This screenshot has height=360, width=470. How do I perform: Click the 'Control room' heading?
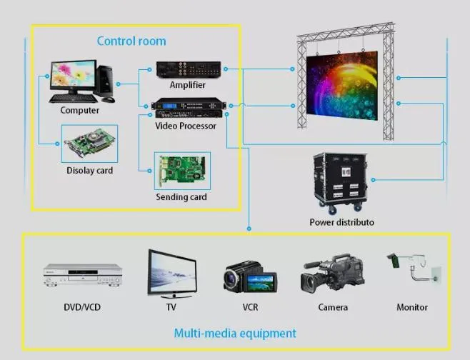[x=131, y=41]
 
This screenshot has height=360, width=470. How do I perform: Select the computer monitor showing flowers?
[x=72, y=78]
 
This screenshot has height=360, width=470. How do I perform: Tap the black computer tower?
[x=106, y=81]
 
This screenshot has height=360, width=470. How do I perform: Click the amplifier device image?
[x=189, y=69]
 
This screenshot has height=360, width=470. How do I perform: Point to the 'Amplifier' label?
[x=187, y=85]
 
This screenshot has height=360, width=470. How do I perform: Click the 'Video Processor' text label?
[x=186, y=126]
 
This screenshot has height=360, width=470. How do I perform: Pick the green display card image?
[x=90, y=145]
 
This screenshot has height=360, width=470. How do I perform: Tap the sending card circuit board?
[x=182, y=171]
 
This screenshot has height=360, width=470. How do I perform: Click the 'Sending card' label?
[x=181, y=196]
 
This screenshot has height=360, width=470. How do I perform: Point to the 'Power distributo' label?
[x=341, y=222]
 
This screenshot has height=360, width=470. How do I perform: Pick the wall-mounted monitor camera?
[x=414, y=269]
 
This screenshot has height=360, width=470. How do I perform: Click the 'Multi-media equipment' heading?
[x=235, y=333]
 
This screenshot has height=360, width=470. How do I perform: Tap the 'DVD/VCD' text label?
[x=83, y=307]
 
